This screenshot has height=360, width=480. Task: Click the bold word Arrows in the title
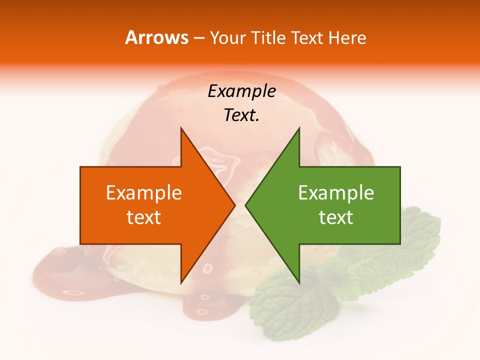156,37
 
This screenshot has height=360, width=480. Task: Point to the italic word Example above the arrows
241,91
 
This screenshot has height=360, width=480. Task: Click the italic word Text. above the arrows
241,115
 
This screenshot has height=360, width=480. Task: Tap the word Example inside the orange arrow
144,192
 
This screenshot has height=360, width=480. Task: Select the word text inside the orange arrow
144,217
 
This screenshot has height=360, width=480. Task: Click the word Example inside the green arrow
336,192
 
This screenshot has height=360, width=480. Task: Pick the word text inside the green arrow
336,217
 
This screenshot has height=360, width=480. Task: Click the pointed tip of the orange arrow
234,205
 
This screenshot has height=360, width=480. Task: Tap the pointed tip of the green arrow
245,205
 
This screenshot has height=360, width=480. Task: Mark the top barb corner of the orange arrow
181,128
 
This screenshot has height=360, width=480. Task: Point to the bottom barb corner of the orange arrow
181,283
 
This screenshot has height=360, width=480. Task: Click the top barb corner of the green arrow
299,128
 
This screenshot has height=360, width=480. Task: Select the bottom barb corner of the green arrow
299,283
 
